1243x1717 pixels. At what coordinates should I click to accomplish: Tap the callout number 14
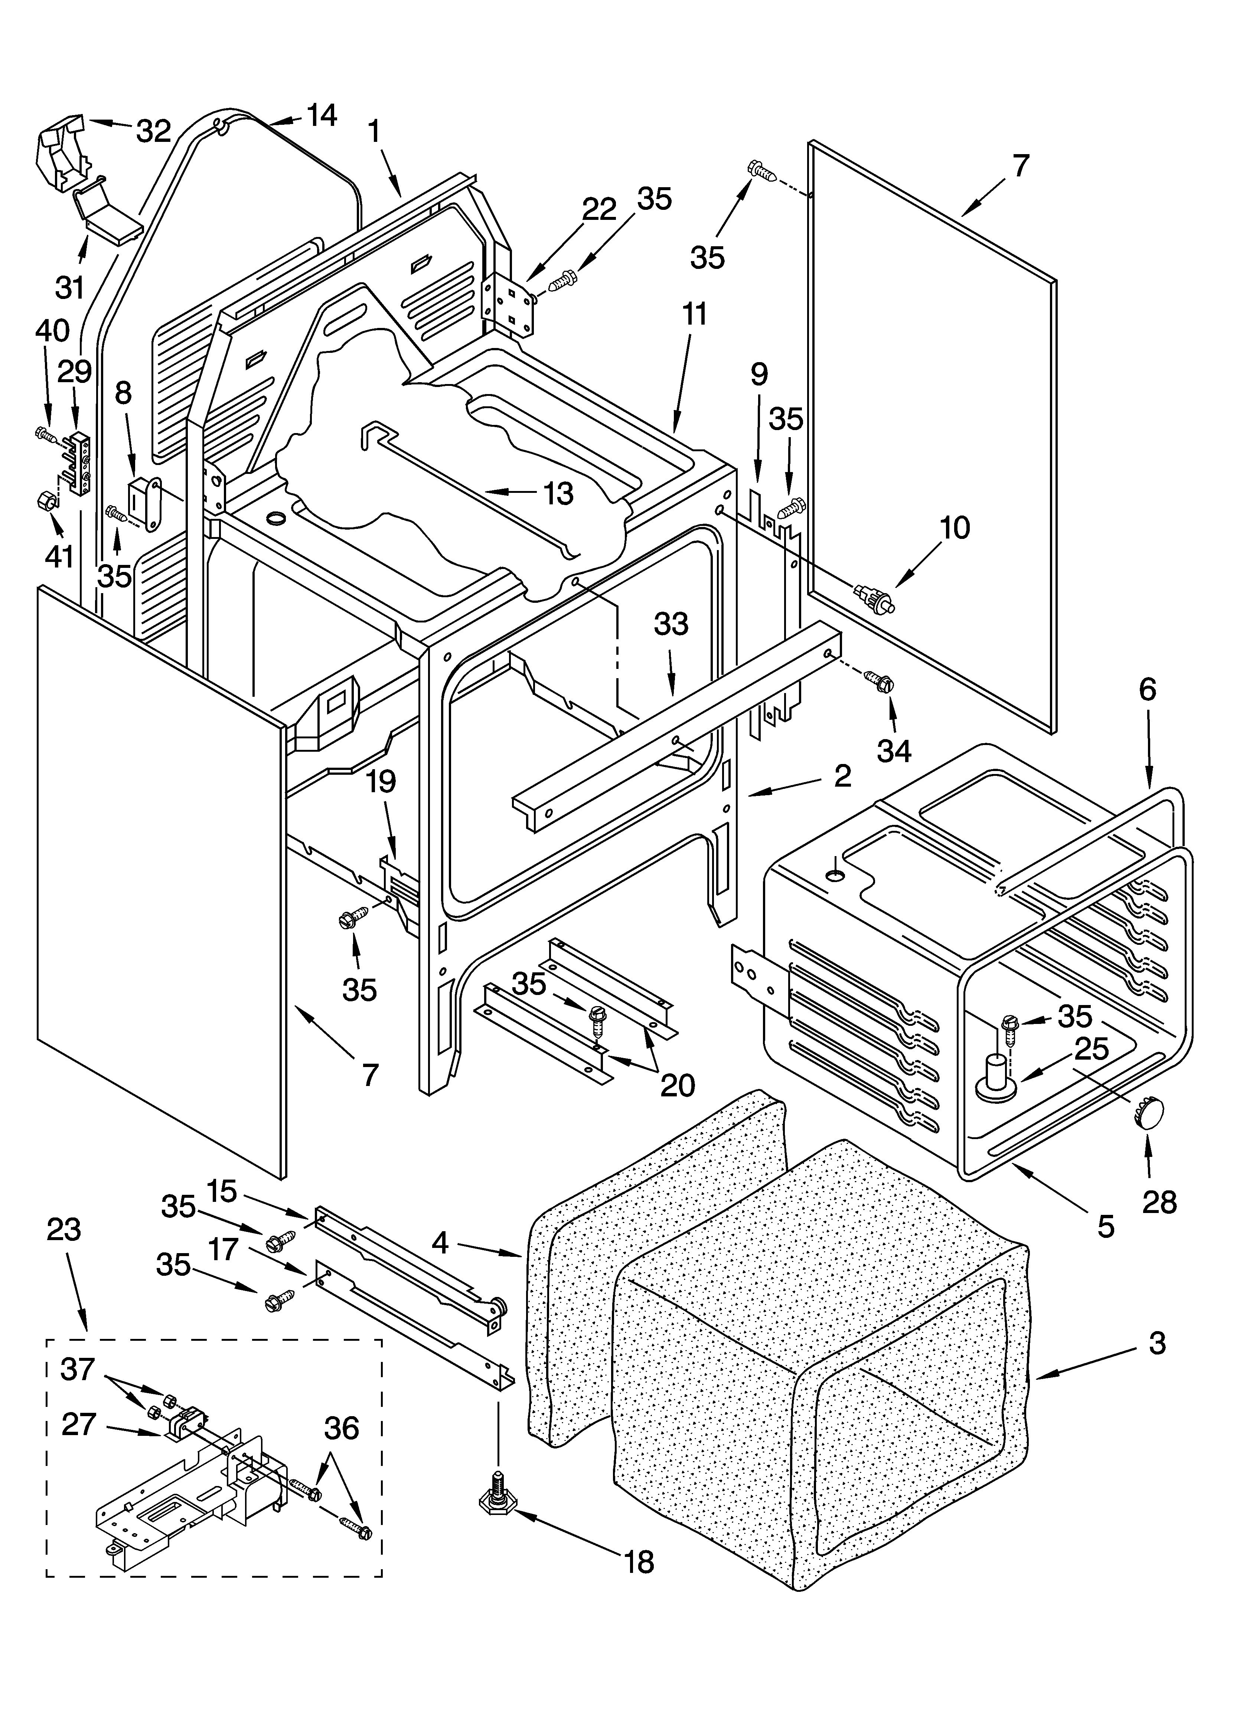[321, 116]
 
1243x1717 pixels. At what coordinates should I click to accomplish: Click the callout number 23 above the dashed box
[63, 1229]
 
